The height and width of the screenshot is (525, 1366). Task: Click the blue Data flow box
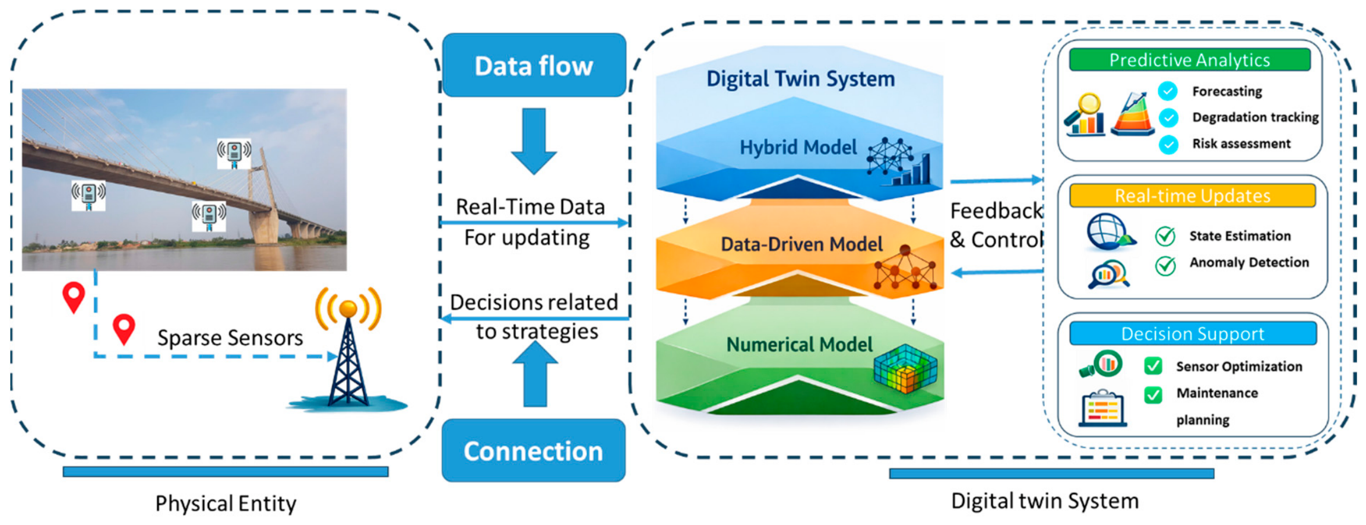(x=534, y=65)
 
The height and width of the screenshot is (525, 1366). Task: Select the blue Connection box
(x=533, y=451)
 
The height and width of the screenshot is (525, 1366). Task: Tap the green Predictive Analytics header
(x=1190, y=60)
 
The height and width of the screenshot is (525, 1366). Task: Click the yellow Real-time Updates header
(x=1192, y=196)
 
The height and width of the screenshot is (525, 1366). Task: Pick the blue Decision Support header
(x=1193, y=333)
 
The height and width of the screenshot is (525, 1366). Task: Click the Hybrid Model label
(x=798, y=147)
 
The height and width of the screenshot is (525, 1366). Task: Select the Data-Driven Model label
(x=801, y=244)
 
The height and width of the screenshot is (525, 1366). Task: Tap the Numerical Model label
(x=799, y=344)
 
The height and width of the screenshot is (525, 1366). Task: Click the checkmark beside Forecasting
(x=1168, y=91)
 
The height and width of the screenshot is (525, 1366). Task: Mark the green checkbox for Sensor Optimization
(x=1153, y=366)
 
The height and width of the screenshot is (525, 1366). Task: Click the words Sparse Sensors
(x=230, y=338)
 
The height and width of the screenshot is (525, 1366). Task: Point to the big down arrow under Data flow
(x=534, y=141)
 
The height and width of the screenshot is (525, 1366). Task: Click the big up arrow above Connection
(x=535, y=374)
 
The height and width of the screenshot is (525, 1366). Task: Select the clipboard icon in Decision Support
(x=1102, y=408)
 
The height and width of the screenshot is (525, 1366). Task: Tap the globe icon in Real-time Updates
(x=1110, y=231)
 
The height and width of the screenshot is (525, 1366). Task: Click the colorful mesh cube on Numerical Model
(x=905, y=369)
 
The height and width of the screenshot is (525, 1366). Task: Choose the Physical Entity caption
(x=226, y=504)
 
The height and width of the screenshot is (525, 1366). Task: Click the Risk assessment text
(x=1241, y=144)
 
